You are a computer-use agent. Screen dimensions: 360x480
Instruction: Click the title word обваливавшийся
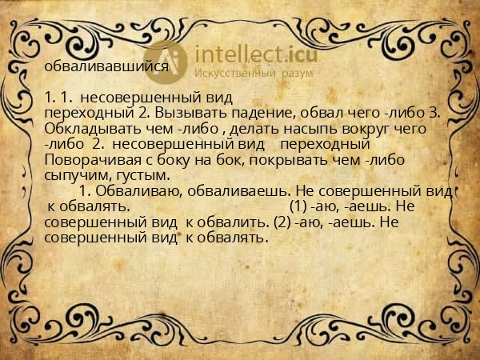point(106,66)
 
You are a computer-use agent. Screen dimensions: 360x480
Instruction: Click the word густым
point(142,174)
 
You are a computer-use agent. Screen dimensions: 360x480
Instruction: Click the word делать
point(246,128)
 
